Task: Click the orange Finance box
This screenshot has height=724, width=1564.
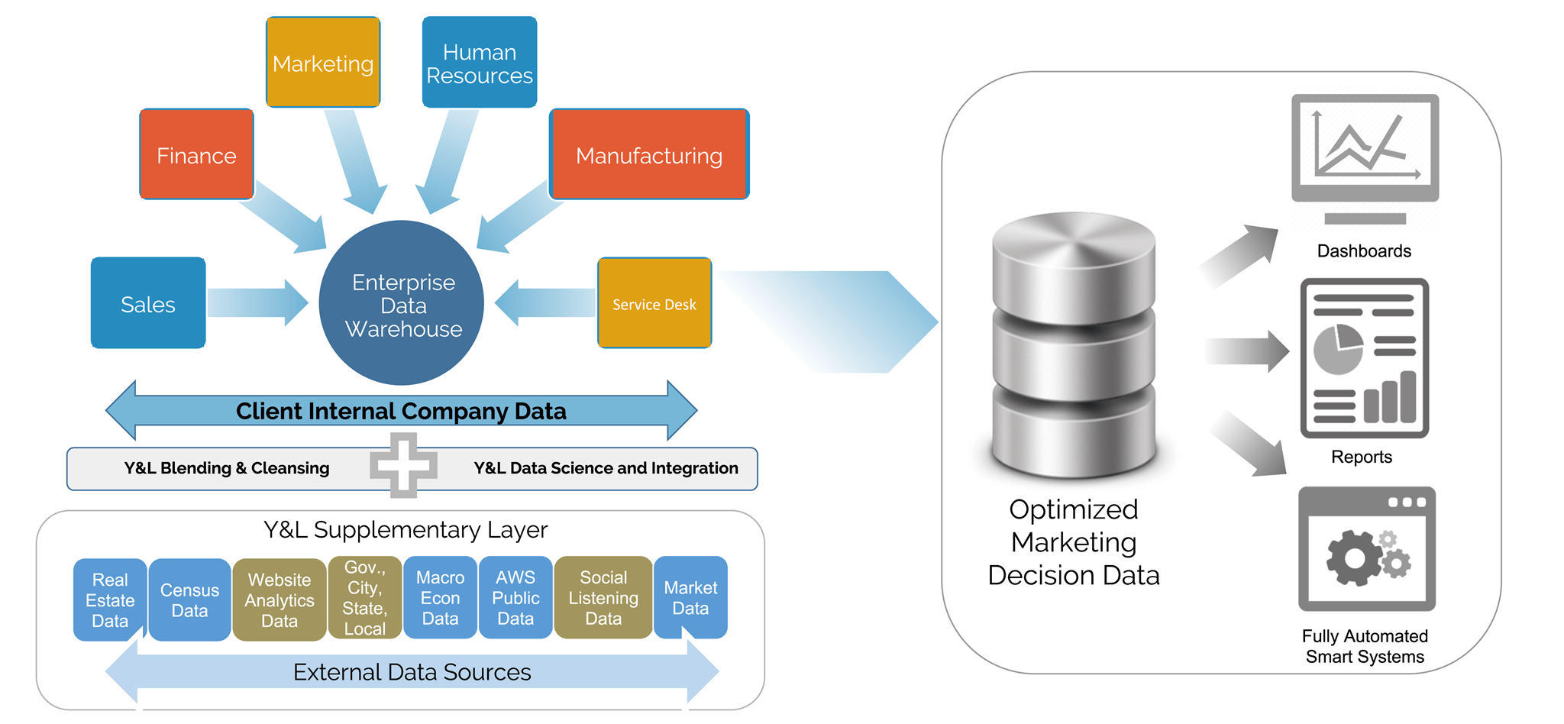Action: tap(196, 154)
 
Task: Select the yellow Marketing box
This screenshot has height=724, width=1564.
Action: tap(323, 63)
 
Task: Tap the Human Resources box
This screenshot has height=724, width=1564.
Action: tap(480, 63)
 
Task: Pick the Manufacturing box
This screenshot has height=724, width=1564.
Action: tap(649, 154)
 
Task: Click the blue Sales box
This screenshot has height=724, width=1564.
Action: tap(148, 303)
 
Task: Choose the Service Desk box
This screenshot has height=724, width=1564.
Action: tap(654, 303)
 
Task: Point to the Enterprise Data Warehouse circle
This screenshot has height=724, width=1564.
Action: tap(402, 303)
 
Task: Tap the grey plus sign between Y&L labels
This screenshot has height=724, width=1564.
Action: tap(403, 465)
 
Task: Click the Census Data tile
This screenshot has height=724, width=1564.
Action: tap(189, 600)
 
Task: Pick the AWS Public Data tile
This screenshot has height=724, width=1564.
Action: tap(515, 598)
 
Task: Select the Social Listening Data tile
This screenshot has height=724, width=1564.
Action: tap(603, 598)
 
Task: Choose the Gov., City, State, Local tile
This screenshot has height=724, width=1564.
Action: tap(365, 598)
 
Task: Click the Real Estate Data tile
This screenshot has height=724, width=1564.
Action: tap(110, 600)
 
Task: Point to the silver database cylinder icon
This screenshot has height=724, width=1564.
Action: tap(1074, 344)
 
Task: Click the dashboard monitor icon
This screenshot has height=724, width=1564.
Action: tap(1365, 149)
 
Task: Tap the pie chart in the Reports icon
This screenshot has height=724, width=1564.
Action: tap(1337, 350)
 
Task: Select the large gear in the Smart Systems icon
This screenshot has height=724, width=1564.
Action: tap(1354, 558)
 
